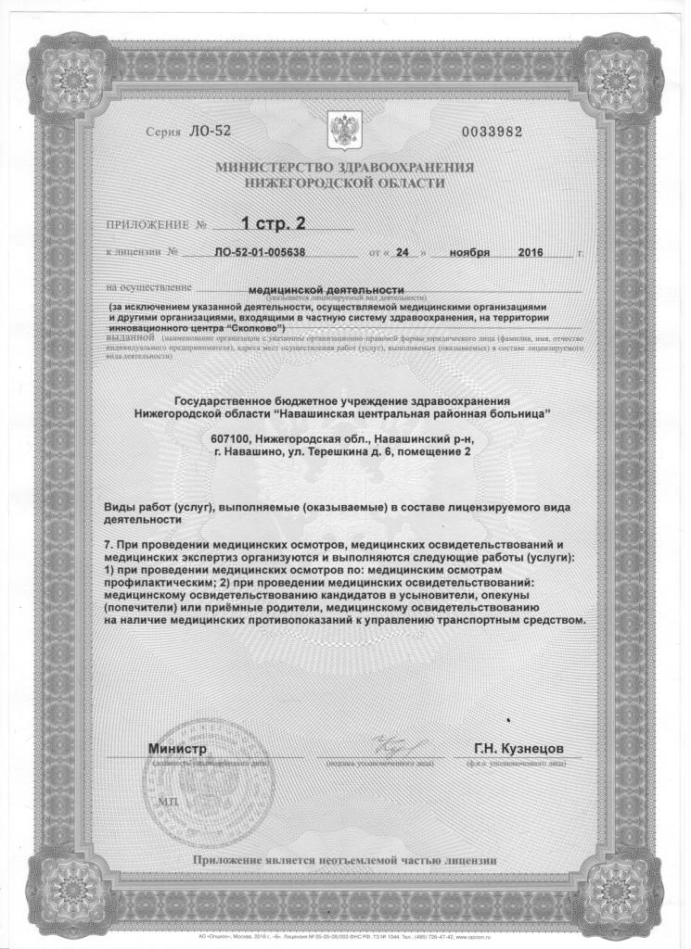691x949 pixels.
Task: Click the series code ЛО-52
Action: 207,131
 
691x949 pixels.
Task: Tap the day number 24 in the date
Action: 398,252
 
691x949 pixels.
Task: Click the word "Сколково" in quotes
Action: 261,328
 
